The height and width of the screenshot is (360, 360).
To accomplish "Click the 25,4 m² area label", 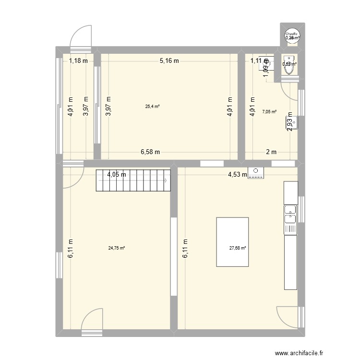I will (152, 107).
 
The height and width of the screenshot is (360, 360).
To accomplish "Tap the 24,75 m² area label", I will (117, 248).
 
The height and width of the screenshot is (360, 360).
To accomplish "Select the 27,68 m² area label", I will (238, 248).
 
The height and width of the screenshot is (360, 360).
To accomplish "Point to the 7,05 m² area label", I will (269, 112).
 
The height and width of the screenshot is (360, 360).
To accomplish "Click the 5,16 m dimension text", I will (169, 60).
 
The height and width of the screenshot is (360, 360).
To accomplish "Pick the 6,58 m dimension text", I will (150, 152).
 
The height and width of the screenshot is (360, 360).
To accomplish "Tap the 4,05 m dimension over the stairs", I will (117, 174).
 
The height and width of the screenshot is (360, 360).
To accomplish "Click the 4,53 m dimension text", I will (237, 175).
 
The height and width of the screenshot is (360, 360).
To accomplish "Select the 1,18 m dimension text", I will (78, 60).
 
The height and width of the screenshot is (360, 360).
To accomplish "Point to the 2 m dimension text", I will (272, 152).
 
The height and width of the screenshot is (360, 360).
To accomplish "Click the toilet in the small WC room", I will (289, 67).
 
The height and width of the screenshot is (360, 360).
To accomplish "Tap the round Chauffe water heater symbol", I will (291, 36).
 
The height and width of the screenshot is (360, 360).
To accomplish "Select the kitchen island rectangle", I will (233, 242).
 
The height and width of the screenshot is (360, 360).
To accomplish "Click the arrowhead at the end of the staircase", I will (166, 180).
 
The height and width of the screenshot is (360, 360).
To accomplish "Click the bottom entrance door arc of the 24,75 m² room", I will (91, 319).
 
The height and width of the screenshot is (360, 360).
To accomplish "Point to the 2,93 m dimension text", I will (290, 122).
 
